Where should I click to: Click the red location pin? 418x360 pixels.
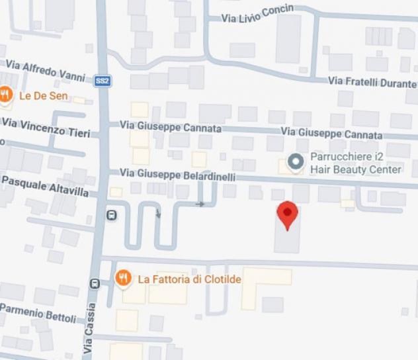click(x=287, y=214)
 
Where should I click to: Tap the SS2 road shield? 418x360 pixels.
click(x=102, y=80)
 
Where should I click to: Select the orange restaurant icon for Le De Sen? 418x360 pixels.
click(x=6, y=95)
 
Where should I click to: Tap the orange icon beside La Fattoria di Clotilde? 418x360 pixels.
click(x=123, y=279)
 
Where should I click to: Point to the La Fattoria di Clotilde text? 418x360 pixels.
click(x=189, y=279)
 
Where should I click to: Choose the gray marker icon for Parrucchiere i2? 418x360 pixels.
click(x=296, y=161)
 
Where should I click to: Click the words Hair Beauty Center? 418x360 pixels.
click(x=356, y=169)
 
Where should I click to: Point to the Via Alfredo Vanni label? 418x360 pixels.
click(x=46, y=69)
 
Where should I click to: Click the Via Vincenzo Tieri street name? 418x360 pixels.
click(x=46, y=127)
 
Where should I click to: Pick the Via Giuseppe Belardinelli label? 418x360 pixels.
click(x=177, y=174)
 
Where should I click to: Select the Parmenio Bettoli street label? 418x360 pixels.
click(x=38, y=313)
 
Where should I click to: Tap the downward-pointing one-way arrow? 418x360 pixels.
click(x=158, y=214)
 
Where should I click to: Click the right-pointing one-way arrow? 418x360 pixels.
click(x=200, y=204)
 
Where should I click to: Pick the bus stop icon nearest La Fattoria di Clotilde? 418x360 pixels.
click(x=94, y=283)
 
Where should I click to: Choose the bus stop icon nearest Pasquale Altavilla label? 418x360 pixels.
click(x=112, y=215)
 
